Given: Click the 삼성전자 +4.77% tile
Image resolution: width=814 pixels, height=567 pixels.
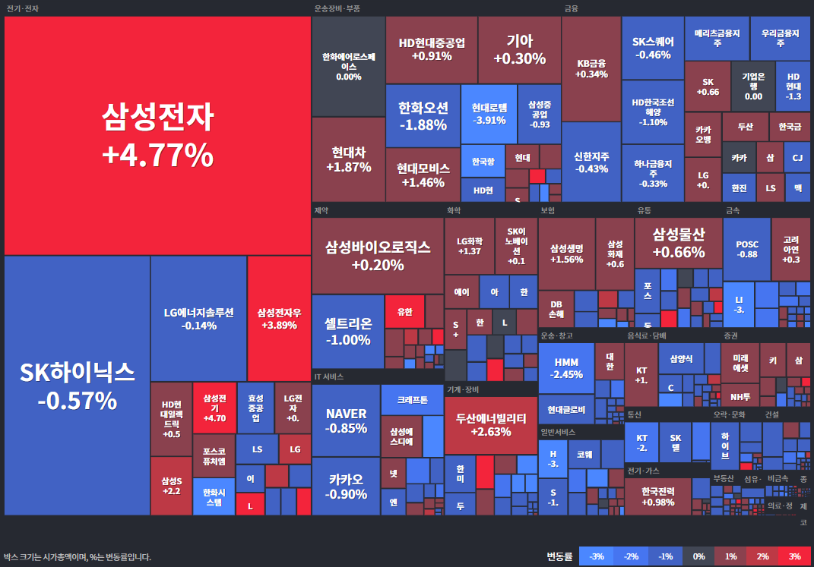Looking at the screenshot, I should pos(157,136).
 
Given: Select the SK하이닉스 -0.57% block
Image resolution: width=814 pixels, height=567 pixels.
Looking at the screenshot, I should pos(77,385).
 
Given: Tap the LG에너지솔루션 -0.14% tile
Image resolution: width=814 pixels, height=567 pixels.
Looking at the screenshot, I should pos(198,318).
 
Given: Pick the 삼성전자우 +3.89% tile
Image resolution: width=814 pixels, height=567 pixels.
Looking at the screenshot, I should pos(279,318).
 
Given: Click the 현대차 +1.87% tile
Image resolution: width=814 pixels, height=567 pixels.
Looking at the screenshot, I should pos(348,159).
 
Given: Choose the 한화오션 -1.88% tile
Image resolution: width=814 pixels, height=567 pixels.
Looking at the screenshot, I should pos(423,115).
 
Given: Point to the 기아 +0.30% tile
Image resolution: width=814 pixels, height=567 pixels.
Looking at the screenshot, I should pos(519,49).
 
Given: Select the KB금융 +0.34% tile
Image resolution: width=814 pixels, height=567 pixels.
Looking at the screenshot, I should pos(591,68).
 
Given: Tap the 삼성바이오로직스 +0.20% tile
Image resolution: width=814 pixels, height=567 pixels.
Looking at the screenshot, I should pos(378,256).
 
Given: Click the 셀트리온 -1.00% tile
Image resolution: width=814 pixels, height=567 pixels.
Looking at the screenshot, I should pos(347,331).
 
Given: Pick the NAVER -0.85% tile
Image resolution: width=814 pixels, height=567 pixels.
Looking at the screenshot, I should pos(346,420).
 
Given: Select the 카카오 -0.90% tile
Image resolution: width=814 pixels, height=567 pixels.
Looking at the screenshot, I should pos(346,486).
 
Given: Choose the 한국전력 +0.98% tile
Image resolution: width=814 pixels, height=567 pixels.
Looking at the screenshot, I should pos(657,496).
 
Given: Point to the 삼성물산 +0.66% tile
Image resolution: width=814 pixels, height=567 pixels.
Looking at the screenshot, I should pos(678,242).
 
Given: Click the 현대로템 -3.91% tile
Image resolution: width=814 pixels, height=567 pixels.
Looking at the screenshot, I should pos(489,114).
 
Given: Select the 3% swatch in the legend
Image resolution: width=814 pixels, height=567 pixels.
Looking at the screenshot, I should pos(794,556).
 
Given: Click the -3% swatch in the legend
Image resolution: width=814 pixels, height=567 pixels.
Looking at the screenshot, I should pos(597,556).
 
